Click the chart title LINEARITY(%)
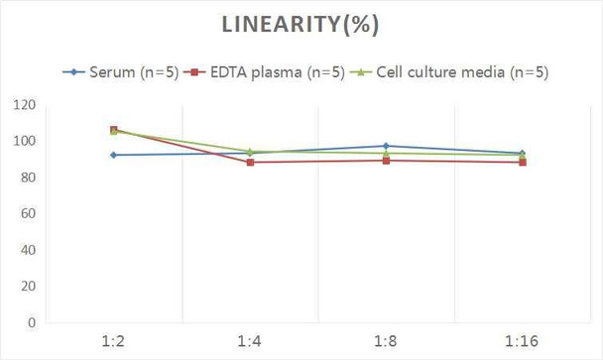301,25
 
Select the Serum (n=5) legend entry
128,72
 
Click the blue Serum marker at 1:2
113,155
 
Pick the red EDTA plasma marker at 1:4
249,162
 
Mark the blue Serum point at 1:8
386,146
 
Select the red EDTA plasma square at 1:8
386,160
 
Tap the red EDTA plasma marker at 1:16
522,162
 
